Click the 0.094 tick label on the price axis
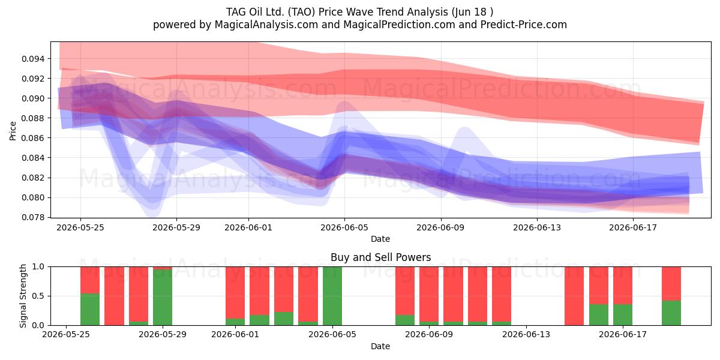coord(33,59)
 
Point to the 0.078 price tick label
coord(33,218)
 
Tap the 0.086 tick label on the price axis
coord(33,138)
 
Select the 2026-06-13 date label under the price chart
coord(537,227)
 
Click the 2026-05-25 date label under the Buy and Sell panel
coord(66,335)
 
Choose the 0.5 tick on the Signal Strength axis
coord(38,296)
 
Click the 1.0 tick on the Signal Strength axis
coord(38,267)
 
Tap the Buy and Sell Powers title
coord(380,257)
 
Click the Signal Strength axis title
coord(23,296)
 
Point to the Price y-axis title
coord(13,131)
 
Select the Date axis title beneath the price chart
coord(380,239)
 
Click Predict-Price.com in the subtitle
coord(524,25)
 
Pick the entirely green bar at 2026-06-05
coord(332,296)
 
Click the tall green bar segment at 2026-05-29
coord(163,298)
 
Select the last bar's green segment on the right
coord(671,313)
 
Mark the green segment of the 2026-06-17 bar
coord(623,314)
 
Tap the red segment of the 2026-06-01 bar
coord(235,293)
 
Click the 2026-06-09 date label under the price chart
coord(440,227)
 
